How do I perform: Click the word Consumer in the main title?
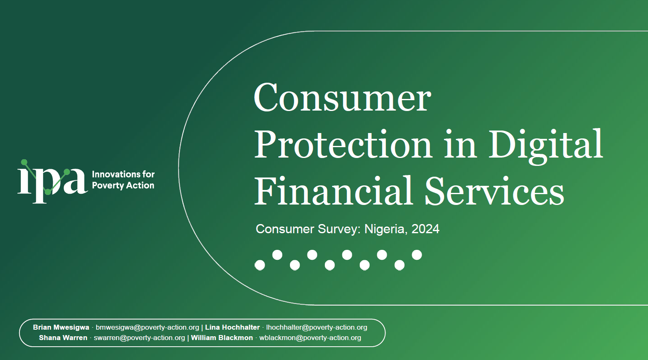342,98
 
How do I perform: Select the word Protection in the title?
343,145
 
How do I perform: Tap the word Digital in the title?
545,145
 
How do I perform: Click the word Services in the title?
494,192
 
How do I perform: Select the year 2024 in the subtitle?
425,229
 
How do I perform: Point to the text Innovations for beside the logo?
123,174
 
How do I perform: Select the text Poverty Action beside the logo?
123,185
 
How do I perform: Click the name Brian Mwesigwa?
61,327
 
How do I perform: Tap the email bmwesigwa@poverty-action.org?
147,327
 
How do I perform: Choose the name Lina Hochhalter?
232,327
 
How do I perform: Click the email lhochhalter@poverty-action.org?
317,327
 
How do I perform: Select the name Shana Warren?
63,338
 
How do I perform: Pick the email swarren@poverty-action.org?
140,338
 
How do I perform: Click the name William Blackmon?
222,338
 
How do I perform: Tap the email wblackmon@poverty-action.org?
310,338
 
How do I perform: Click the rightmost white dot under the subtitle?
417,255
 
